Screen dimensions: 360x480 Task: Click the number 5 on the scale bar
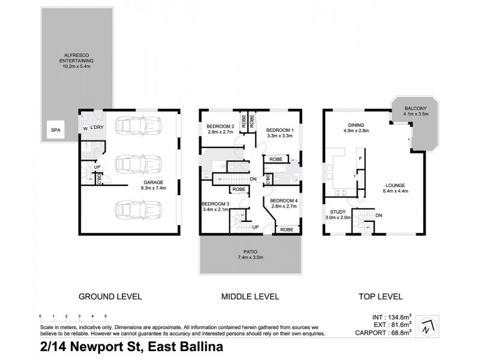pyautogui.click(x=106, y=315)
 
